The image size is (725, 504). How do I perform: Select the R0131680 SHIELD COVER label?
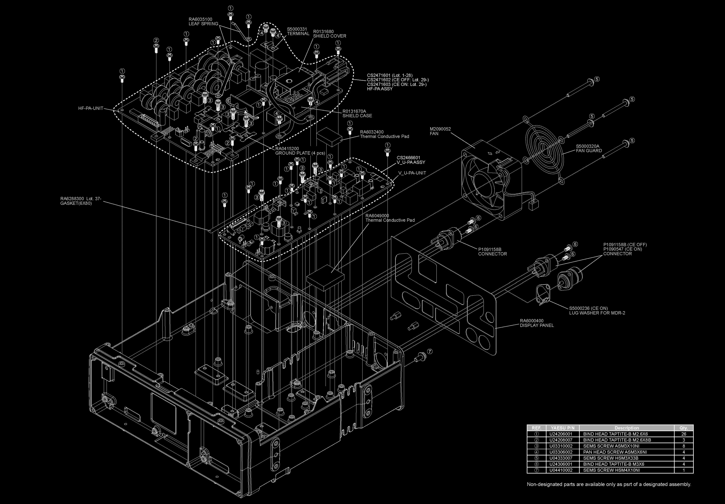coord(329,34)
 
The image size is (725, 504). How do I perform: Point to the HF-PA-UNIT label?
coord(91,108)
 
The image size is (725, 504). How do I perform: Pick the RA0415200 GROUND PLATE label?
coord(300,151)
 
